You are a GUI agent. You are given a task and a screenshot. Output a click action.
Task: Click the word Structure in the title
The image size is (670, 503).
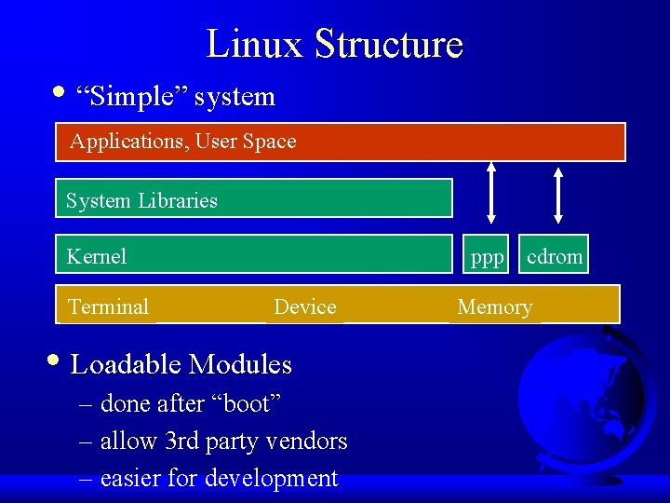point(388,44)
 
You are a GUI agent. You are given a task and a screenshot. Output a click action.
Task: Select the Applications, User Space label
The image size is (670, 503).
point(183,142)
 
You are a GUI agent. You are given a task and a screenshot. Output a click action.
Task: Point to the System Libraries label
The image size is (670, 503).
point(141,200)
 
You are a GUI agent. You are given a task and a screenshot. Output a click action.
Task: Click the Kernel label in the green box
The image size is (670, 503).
point(97,256)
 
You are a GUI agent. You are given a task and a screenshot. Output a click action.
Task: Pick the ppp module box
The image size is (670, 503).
point(487,256)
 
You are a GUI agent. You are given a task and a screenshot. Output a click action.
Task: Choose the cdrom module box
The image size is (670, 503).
point(555,256)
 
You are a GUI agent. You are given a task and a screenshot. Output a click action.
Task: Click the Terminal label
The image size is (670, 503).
point(108,306)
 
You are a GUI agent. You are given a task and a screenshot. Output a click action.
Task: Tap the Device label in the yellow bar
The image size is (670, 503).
point(305,306)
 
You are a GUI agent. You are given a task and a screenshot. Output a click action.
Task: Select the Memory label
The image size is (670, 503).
point(495,306)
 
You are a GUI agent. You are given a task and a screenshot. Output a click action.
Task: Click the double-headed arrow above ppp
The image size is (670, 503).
point(491,194)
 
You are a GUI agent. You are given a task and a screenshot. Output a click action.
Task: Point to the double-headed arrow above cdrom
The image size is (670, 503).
point(557,197)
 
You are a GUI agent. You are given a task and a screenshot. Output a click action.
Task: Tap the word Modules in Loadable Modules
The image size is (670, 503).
point(240,364)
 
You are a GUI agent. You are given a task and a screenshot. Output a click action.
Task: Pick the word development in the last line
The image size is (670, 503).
point(271,478)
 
